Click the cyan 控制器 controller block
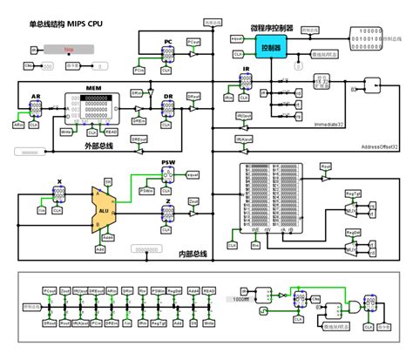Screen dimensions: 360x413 272,49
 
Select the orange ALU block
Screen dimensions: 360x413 104,210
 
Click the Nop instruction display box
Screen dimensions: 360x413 68,50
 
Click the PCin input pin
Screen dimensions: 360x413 139,69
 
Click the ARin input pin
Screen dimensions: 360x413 18,125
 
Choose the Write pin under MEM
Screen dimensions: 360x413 64,133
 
